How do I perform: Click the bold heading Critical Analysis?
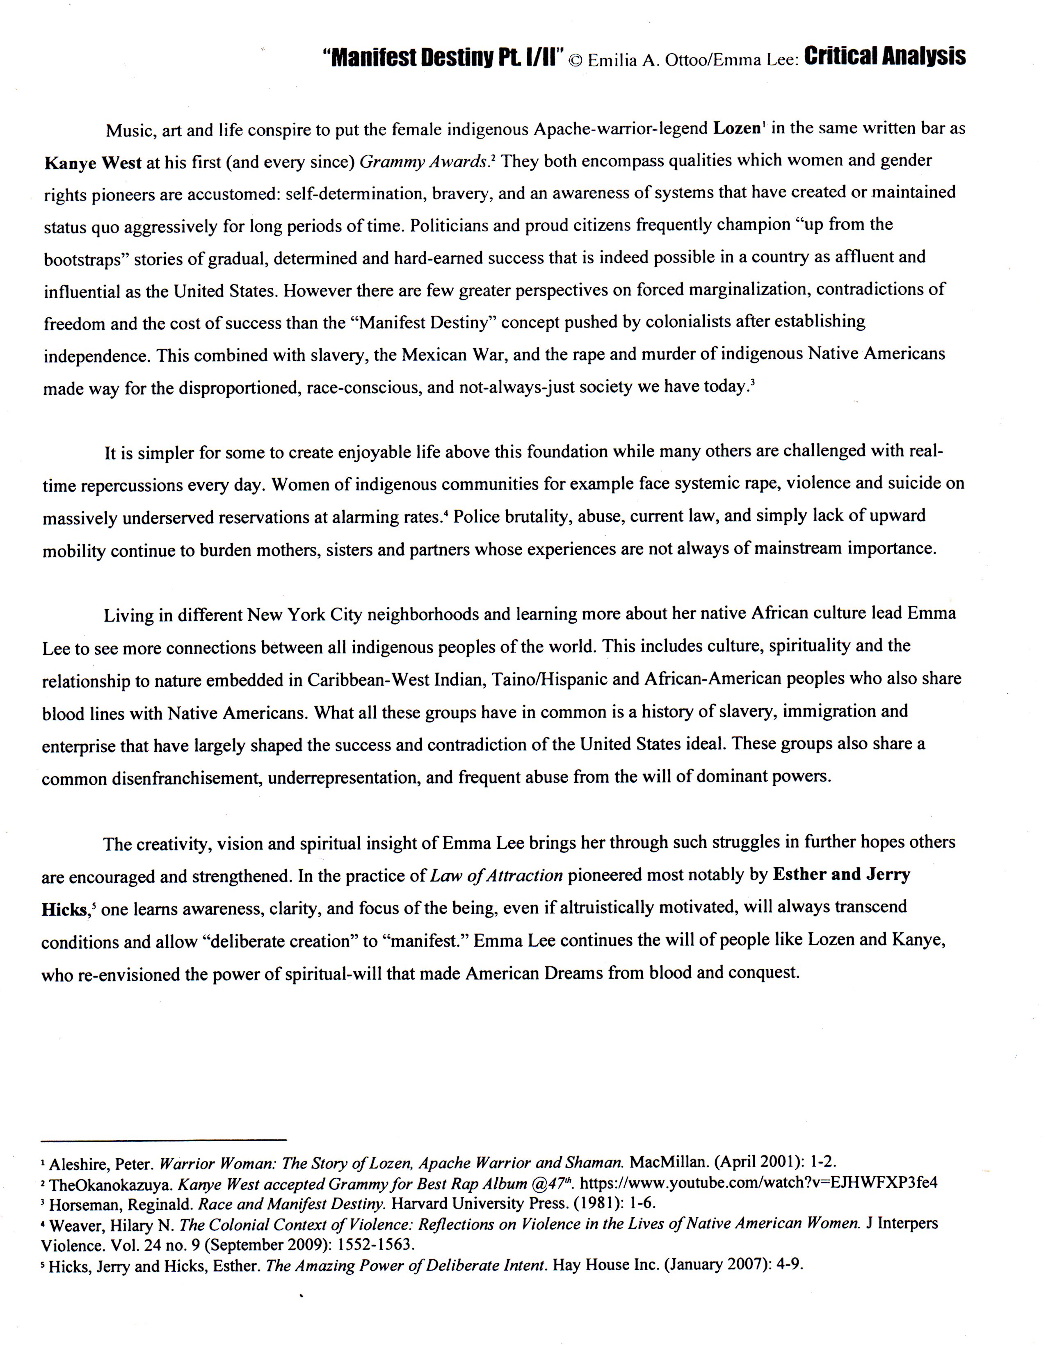click(884, 57)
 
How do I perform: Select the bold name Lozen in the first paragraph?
click(737, 128)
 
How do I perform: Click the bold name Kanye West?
click(93, 163)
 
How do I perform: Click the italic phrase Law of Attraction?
click(496, 875)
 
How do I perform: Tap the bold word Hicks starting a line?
click(64, 909)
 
